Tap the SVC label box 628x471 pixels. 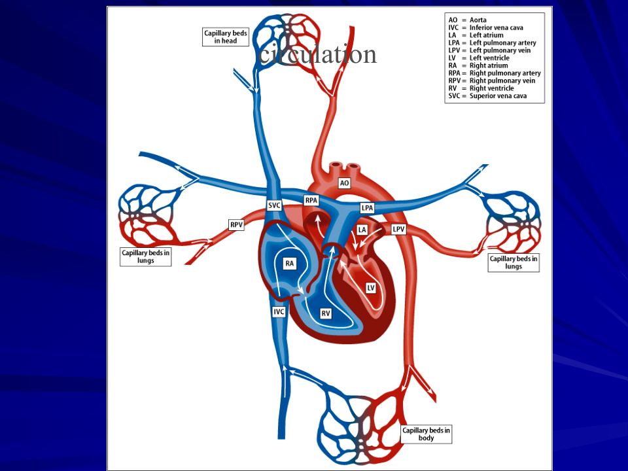[x=274, y=205]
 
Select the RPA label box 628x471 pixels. [x=311, y=200]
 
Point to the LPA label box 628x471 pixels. [x=368, y=207]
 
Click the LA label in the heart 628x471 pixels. [x=362, y=230]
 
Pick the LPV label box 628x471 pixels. [x=399, y=230]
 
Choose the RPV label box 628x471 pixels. [x=236, y=225]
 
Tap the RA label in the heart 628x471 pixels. [x=289, y=263]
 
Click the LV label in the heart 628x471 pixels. [x=370, y=287]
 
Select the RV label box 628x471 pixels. [x=325, y=313]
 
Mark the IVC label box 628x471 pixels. [x=279, y=312]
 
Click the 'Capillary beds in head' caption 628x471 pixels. [x=226, y=37]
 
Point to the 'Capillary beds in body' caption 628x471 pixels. [x=426, y=434]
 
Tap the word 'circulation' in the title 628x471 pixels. [x=318, y=54]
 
